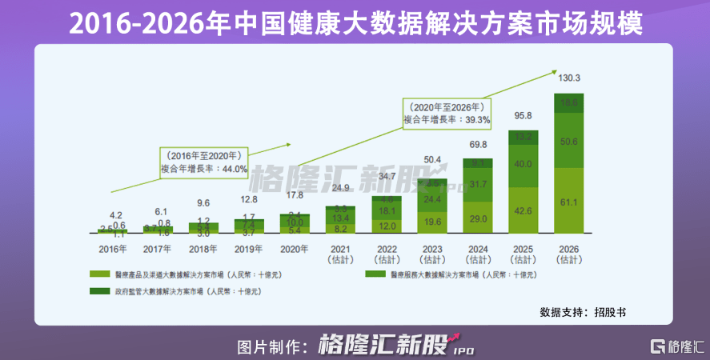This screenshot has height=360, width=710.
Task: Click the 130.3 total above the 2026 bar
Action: click(569, 78)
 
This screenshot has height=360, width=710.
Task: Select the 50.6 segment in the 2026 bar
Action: click(569, 142)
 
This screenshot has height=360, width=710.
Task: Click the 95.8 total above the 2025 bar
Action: click(523, 116)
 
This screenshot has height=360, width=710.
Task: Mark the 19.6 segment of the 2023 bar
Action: click(433, 222)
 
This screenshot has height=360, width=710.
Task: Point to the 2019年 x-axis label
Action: click(250, 249)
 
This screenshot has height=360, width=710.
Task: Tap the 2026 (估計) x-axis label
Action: click(569, 254)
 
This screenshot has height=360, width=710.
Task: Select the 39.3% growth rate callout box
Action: click(447, 113)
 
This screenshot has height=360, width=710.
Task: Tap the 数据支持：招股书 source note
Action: click(583, 311)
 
